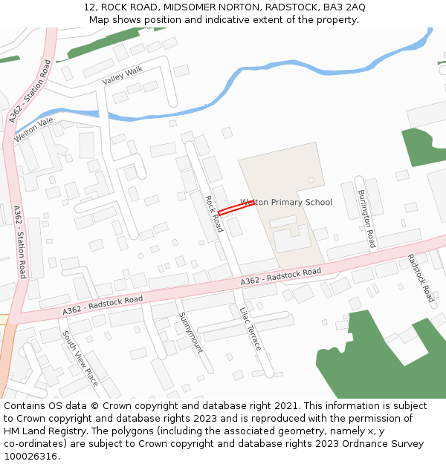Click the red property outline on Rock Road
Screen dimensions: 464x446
point(236,207)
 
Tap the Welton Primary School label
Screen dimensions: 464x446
point(286,202)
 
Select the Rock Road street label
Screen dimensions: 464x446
point(213,214)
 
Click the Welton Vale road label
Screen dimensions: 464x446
point(34,131)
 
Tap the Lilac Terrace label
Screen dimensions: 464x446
point(251,329)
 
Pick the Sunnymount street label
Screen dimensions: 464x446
point(190,332)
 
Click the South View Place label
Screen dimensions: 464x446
point(80,359)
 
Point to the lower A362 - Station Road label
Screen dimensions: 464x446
point(20,242)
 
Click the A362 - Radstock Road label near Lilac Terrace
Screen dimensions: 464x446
point(281,276)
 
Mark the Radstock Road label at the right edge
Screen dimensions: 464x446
point(421,278)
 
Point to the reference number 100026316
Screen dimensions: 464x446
point(30,456)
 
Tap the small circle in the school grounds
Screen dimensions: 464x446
point(311,180)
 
